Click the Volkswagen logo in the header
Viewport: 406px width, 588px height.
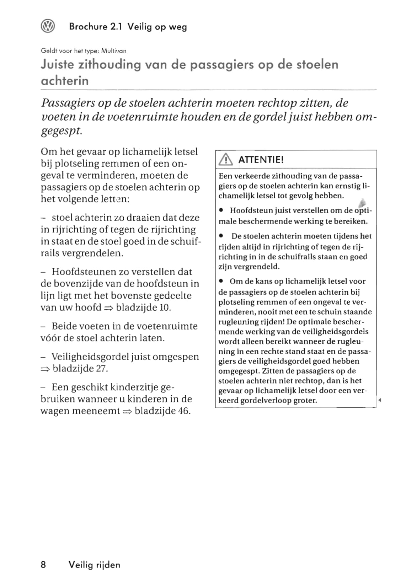pos(48,26)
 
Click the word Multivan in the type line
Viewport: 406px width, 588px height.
pos(114,51)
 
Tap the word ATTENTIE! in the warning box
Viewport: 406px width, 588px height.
pos(261,160)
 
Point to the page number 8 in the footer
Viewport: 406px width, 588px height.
pos(43,565)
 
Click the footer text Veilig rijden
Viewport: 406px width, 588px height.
pos(95,565)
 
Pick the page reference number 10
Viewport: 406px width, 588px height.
pos(165,308)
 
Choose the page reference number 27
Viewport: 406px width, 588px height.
pos(102,368)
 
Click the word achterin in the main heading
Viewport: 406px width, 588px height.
pos(65,81)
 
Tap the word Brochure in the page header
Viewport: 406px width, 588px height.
pos(88,27)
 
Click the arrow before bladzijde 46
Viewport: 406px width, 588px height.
pos(127,412)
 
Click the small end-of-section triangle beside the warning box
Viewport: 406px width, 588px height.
pos(380,400)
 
